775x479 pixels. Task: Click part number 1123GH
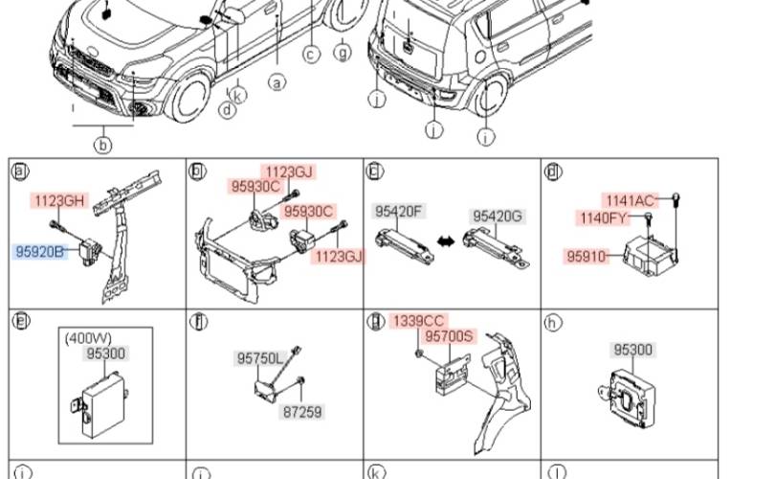click(59, 200)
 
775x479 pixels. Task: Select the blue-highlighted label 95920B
click(40, 252)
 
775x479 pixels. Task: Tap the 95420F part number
click(398, 212)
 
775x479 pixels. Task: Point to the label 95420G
click(498, 217)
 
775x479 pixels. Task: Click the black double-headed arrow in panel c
click(446, 241)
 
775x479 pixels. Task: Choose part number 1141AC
click(630, 200)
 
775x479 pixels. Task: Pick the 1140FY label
click(603, 217)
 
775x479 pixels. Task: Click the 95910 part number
click(587, 257)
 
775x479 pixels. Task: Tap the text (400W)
click(88, 338)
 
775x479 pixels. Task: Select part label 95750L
click(260, 358)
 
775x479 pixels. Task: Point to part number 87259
click(302, 412)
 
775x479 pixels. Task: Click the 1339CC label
click(419, 321)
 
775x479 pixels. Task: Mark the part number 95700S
click(449, 336)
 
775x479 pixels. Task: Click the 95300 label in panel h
click(632, 350)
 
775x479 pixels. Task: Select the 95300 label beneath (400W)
click(106, 354)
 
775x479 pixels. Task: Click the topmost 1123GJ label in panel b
click(289, 171)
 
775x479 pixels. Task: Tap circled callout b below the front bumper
click(102, 145)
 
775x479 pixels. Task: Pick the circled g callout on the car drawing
click(342, 52)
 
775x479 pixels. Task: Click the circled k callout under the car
click(237, 95)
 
